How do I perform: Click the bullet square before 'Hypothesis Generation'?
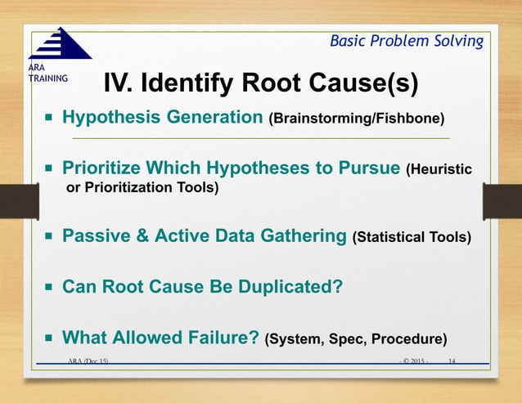point(49,119)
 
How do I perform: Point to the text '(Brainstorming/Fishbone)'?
point(357,119)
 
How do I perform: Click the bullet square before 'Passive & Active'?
point(49,237)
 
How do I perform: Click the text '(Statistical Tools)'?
point(412,238)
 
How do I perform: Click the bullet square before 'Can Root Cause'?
point(49,288)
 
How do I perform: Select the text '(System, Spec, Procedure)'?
point(355,338)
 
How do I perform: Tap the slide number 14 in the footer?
point(452,360)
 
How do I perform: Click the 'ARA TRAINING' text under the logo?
point(41,73)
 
